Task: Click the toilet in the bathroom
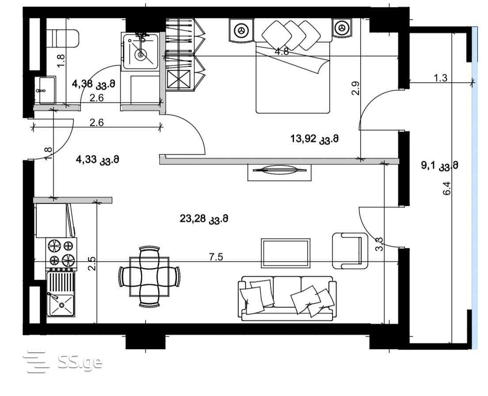pos(62,39)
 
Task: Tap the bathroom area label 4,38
pos(93,84)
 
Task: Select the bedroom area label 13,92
pos(314,138)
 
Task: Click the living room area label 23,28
pos(204,219)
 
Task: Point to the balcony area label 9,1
pos(440,165)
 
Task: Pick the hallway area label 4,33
pos(98,160)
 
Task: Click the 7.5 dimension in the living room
pos(216,257)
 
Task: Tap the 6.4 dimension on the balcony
pos(446,188)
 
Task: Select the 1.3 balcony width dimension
pos(440,78)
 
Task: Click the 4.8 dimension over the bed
pos(282,52)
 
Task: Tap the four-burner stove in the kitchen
pos(61,253)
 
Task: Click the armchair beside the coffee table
pos(350,251)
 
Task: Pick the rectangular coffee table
pos(286,253)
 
